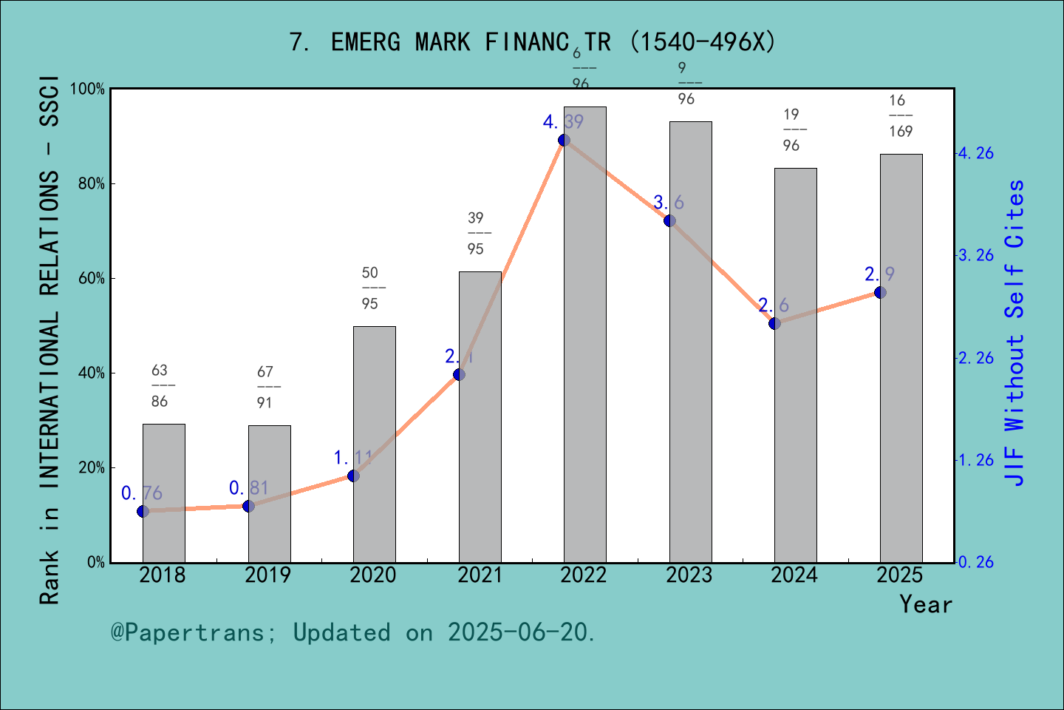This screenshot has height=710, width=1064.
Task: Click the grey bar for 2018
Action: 163,493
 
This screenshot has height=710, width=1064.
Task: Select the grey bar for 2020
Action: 374,444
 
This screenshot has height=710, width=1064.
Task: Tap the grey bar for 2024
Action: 795,365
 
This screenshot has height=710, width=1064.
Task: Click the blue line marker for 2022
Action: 564,140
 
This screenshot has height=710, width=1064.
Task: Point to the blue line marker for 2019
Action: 248,506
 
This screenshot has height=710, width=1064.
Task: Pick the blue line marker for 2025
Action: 880,292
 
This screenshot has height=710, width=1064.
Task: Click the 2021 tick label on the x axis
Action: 479,575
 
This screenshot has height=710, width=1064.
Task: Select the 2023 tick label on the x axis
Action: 689,575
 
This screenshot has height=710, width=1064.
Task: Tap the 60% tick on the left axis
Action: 92,279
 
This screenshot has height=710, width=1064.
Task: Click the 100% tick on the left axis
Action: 88,89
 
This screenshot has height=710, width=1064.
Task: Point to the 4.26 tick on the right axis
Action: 976,154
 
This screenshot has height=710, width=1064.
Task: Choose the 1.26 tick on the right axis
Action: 976,460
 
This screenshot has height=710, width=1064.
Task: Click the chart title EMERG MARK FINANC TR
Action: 532,42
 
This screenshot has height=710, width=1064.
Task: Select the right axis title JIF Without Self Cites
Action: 1016,333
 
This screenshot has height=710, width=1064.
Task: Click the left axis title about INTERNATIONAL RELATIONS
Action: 50,340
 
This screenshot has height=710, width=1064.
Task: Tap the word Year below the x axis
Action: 926,604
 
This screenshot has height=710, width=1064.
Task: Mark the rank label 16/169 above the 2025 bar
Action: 900,116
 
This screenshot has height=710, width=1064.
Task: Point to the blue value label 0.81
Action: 248,488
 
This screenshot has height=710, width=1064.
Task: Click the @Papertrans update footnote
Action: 353,632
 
